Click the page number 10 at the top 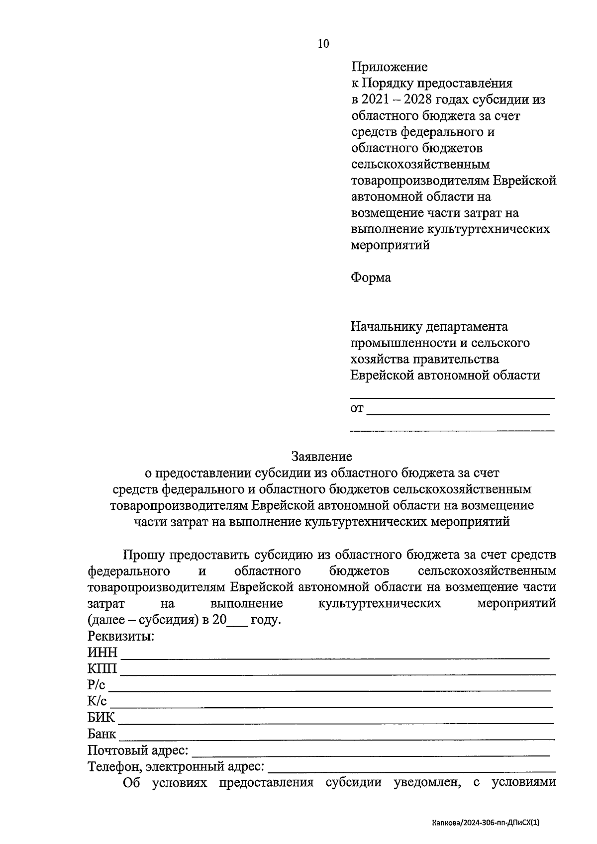coord(323,44)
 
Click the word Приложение coord(389,67)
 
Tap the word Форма coord(371,278)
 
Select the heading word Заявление coord(322,456)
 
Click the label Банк coord(101,734)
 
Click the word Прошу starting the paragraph coord(144,555)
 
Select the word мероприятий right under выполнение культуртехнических coord(390,245)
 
